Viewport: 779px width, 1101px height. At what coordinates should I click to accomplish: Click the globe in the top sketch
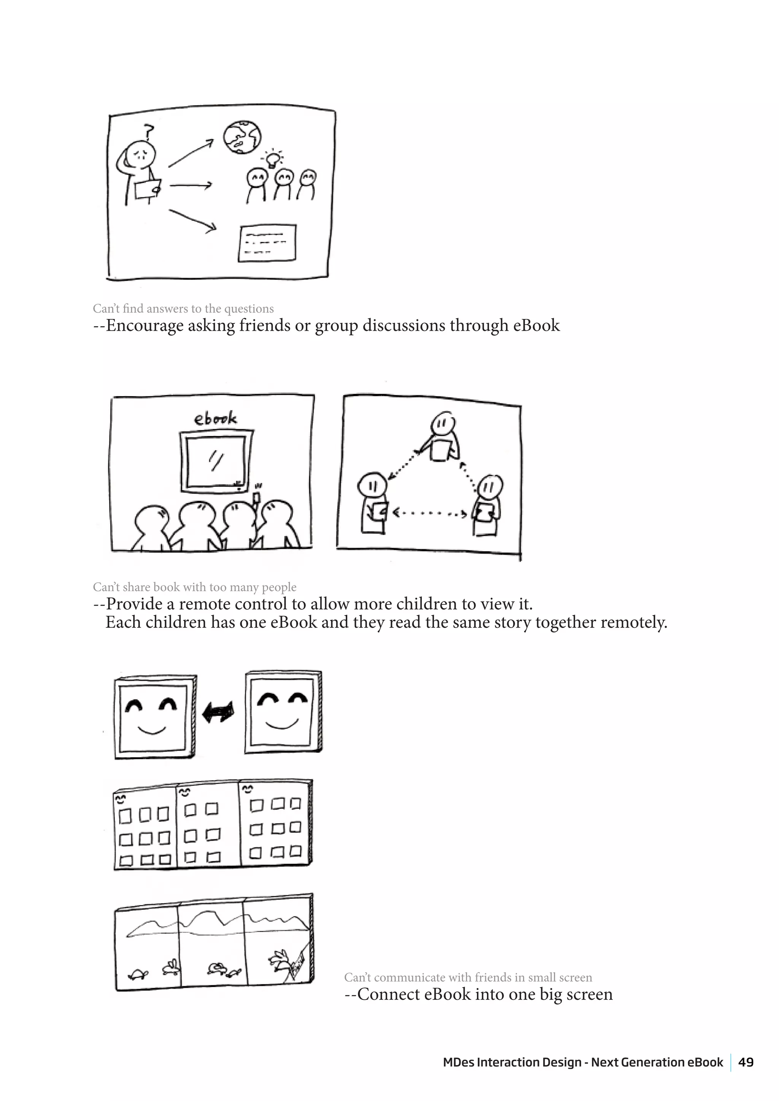pos(243,137)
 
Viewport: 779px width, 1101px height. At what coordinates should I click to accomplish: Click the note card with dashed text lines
pos(267,243)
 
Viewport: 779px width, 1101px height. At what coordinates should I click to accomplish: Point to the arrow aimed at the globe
pos(191,153)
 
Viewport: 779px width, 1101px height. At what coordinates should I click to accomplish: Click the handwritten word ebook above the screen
pos(215,419)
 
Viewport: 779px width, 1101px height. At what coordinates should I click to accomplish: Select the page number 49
pos(746,1062)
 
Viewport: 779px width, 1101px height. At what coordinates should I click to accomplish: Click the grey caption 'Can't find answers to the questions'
pos(183,308)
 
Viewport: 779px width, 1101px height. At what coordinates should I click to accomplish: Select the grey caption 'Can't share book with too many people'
pos(194,587)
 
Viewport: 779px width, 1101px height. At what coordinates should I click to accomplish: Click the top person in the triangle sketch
pos(443,436)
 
